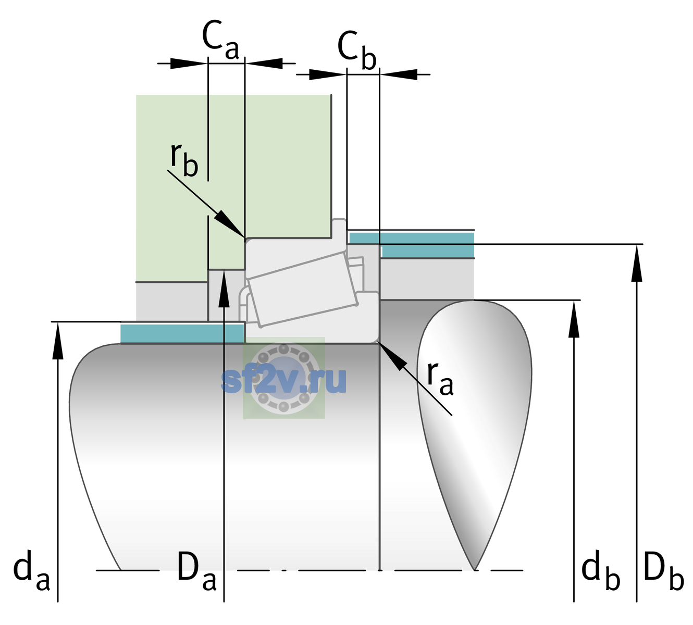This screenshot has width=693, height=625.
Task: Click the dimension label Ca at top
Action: click(x=220, y=41)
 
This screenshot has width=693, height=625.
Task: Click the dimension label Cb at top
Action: click(x=356, y=51)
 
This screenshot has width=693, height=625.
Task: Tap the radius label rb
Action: click(x=184, y=160)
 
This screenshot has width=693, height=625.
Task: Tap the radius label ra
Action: click(x=440, y=378)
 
